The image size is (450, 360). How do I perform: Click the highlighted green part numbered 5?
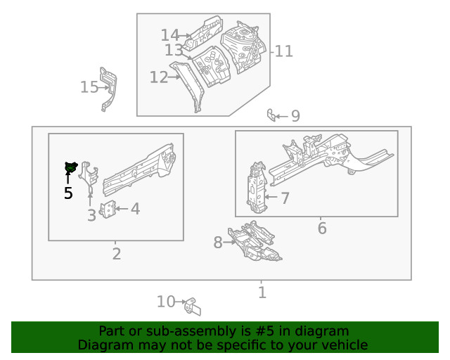tap(70, 167)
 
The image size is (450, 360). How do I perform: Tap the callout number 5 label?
tap(68, 193)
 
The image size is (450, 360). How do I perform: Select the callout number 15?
tap(89, 87)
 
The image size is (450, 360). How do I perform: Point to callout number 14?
tap(169, 35)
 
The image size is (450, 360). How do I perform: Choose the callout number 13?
tap(174, 51)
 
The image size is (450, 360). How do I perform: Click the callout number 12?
tap(158, 77)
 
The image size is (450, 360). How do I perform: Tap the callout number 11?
tap(283, 51)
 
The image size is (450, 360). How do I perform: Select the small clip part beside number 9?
tap(271, 115)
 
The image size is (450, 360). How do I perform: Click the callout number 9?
tap(295, 116)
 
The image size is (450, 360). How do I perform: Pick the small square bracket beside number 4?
tap(108, 210)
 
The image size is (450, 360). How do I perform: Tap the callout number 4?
tap(134, 209)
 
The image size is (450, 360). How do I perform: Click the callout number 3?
tap(91, 215)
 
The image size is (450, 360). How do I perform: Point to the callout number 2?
tap(116, 254)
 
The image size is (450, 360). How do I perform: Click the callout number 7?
tap(285, 198)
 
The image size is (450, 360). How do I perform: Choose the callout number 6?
tap(322, 229)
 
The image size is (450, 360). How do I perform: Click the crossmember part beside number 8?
tap(253, 243)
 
